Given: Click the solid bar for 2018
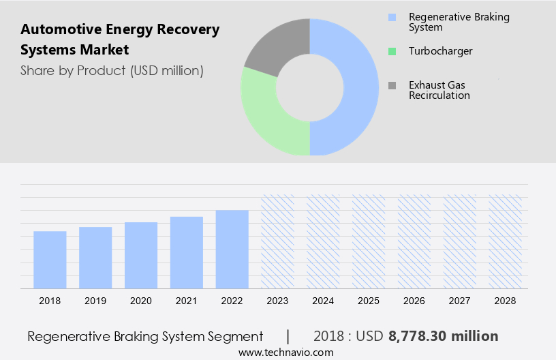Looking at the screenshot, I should click(50, 260).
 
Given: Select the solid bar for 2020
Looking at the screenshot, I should click(141, 255).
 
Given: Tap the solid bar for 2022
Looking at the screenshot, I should click(232, 249).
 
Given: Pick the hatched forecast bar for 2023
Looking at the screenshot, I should click(277, 241).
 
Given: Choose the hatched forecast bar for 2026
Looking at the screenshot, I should click(414, 241).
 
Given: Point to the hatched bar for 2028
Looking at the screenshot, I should click(506, 241).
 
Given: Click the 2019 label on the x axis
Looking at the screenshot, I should click(95, 301).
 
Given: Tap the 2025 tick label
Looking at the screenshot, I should click(369, 301).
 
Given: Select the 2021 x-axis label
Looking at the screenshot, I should click(187, 301).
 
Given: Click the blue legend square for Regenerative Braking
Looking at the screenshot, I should click(392, 17).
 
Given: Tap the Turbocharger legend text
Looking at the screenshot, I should click(440, 51).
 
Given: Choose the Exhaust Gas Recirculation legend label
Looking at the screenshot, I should click(439, 90).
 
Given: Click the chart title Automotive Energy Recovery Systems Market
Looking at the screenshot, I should click(120, 40).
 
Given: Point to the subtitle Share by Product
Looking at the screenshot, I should click(112, 70).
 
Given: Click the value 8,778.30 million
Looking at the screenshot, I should click(444, 336).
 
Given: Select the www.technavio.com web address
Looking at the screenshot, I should click(285, 352).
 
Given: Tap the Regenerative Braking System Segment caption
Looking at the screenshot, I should click(145, 336).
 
